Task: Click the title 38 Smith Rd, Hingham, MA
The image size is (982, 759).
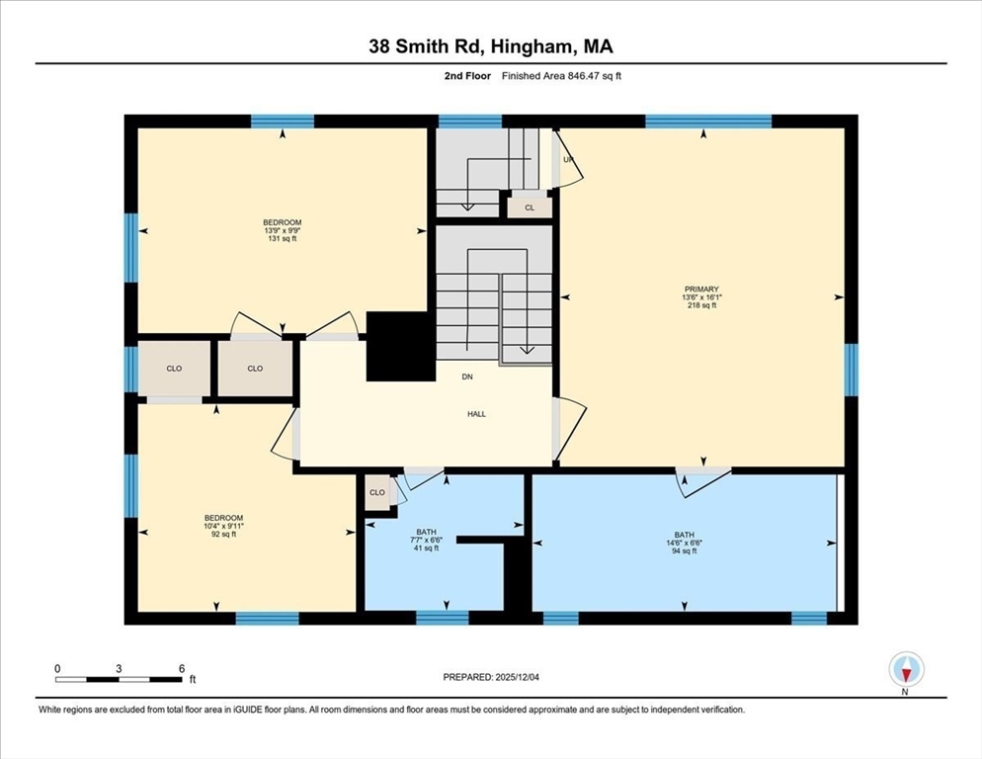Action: (x=491, y=45)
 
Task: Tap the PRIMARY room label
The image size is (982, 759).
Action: (x=702, y=290)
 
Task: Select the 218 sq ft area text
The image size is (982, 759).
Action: (x=702, y=306)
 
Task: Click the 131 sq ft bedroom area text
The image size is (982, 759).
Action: (x=282, y=239)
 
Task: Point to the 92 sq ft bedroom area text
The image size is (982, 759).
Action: (x=223, y=535)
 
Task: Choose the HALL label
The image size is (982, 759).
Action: (x=477, y=414)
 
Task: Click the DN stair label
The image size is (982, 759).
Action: (x=466, y=377)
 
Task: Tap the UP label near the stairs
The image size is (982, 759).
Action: (x=568, y=160)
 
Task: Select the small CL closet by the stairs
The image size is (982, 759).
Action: (x=530, y=208)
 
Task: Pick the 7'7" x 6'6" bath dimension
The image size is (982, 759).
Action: (x=426, y=540)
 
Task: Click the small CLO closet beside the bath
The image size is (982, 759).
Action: (x=377, y=493)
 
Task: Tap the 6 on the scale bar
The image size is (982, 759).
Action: (x=182, y=668)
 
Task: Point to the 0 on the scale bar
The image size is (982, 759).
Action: (x=57, y=668)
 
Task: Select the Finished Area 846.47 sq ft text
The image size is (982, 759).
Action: (x=561, y=76)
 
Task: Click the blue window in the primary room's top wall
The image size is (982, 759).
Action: (x=708, y=122)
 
